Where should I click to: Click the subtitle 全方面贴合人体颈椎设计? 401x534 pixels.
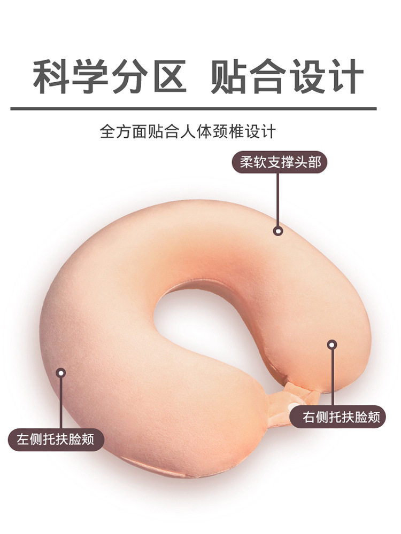coord(188,131)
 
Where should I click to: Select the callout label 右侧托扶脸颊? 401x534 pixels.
coord(337,417)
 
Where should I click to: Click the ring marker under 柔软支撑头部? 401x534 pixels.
coord(277,231)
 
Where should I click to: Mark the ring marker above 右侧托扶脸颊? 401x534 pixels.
coord(332,345)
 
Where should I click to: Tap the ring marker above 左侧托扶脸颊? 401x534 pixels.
coord(61,372)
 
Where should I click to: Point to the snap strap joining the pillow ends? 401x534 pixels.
coord(300,398)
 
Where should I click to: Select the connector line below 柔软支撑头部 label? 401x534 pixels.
coord(277,200)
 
